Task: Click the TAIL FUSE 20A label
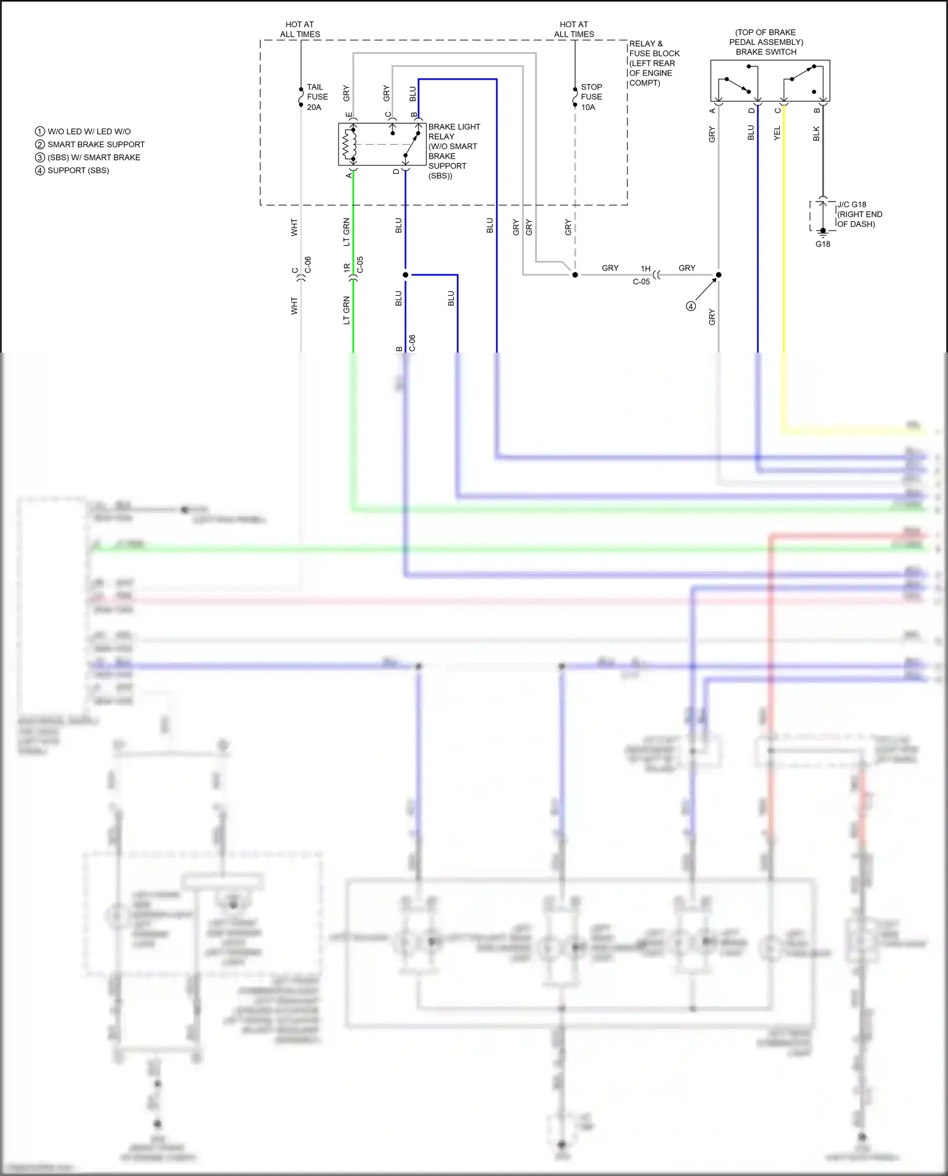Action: pyautogui.click(x=317, y=97)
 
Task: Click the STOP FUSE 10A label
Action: pyautogui.click(x=591, y=97)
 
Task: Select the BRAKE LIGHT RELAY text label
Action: pyautogui.click(x=454, y=131)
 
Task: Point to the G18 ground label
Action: pyautogui.click(x=822, y=245)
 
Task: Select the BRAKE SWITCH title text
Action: pyautogui.click(x=765, y=52)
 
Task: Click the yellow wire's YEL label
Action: pyautogui.click(x=777, y=133)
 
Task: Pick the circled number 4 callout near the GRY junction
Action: pyautogui.click(x=691, y=306)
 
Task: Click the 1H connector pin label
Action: pyautogui.click(x=645, y=269)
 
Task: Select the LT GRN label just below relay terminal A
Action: pyautogui.click(x=346, y=232)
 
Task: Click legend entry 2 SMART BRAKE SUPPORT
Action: pyautogui.click(x=90, y=145)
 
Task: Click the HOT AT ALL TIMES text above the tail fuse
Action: pyautogui.click(x=300, y=29)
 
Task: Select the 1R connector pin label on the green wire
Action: pyautogui.click(x=347, y=268)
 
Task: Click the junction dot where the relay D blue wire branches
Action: pyautogui.click(x=405, y=275)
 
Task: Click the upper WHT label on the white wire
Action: pyautogui.click(x=294, y=227)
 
